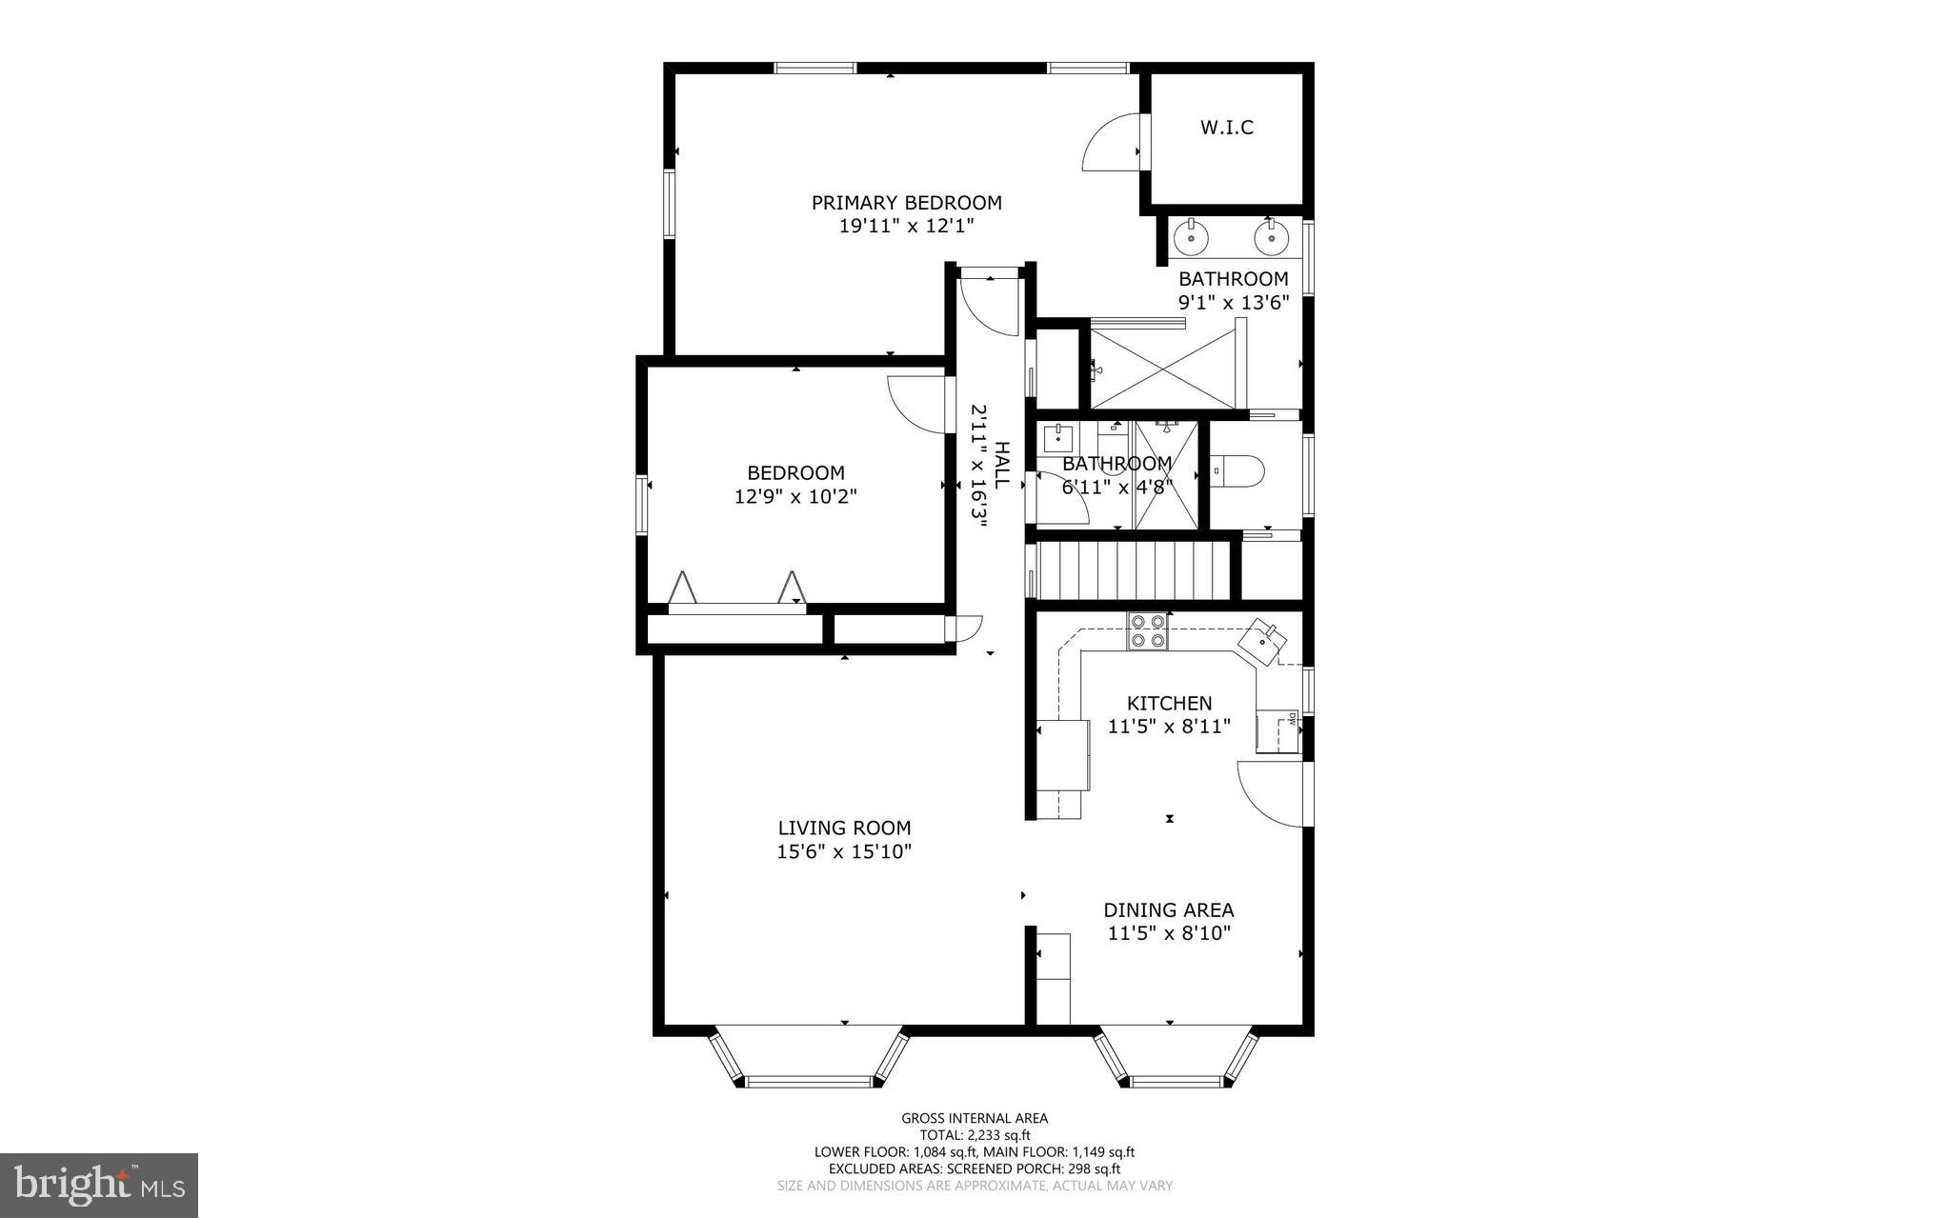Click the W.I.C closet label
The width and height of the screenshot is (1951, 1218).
pos(1226,128)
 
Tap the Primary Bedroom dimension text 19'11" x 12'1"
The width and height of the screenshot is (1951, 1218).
pos(906,227)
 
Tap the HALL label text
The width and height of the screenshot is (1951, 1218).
pos(1001,465)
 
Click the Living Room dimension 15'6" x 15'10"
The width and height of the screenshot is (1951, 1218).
pos(844,852)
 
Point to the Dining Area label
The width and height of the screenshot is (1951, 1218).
pos(1169,910)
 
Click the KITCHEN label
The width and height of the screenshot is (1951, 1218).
pos(1169,704)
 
